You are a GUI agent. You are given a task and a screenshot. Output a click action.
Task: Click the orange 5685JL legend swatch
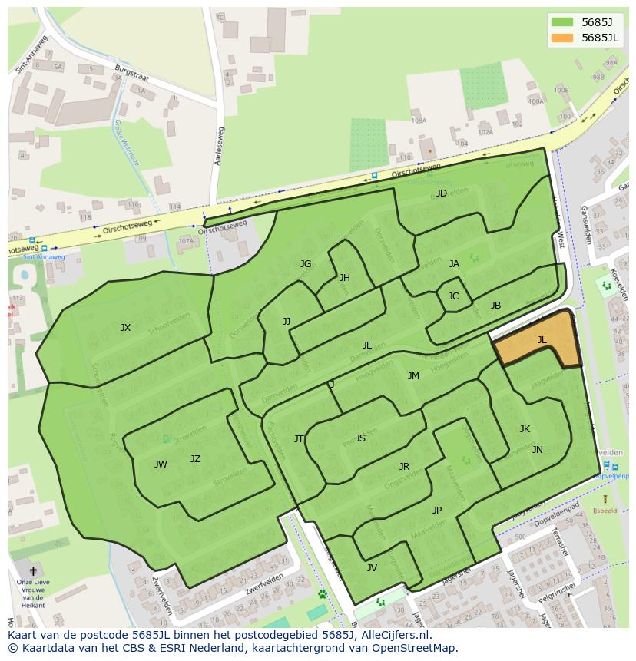(562, 38)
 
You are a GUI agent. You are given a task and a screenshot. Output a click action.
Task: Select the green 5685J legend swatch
(562, 22)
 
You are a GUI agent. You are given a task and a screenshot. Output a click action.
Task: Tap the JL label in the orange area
(542, 340)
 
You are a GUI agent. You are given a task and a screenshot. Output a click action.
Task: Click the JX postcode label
(125, 328)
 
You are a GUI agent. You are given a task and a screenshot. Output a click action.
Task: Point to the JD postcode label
(441, 193)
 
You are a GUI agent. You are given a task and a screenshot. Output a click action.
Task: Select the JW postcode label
(161, 464)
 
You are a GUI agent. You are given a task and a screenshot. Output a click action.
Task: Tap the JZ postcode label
(195, 459)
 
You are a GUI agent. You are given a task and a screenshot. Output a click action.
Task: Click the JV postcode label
(372, 568)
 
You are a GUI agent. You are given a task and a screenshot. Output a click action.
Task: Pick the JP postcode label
(436, 511)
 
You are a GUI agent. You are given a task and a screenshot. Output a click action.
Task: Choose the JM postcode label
(413, 376)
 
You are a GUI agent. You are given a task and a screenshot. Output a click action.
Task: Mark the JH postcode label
(344, 278)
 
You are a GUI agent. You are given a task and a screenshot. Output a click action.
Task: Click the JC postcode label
(453, 296)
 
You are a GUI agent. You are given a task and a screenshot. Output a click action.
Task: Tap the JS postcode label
(360, 438)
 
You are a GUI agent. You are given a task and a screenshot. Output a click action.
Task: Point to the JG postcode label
(306, 264)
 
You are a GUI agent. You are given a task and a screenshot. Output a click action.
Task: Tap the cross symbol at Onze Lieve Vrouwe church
(32, 571)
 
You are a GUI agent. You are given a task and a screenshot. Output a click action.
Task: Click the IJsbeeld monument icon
(605, 499)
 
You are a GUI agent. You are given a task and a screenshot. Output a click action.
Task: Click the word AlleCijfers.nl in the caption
(395, 635)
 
